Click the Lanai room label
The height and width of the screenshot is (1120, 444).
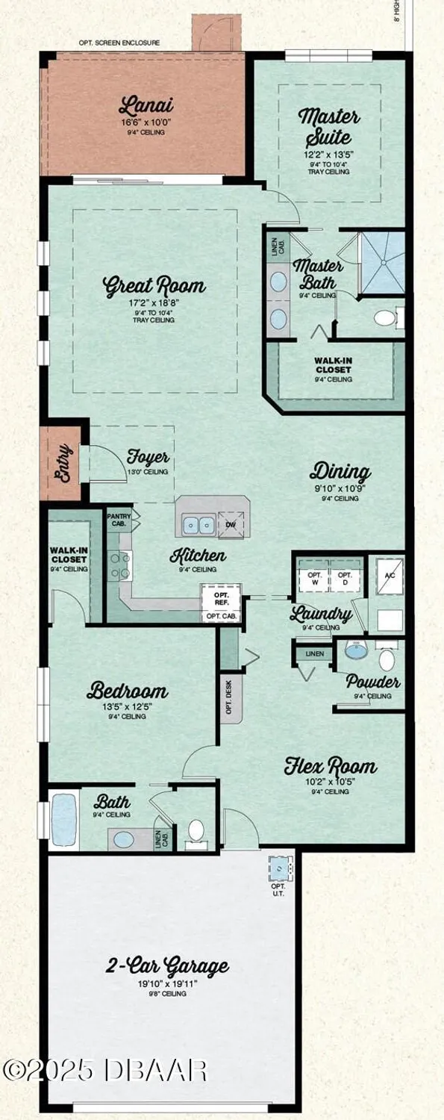tap(141, 105)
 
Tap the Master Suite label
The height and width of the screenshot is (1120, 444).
tap(329, 127)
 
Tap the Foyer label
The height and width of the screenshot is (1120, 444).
tap(148, 457)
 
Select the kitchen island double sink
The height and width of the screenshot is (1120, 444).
tap(198, 526)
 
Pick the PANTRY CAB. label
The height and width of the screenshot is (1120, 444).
tap(119, 520)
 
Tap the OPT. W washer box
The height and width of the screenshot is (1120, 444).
tap(314, 578)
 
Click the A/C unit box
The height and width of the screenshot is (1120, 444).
tap(388, 576)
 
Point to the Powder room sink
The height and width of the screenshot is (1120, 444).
tap(355, 650)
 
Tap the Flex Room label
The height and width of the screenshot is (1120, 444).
tap(330, 766)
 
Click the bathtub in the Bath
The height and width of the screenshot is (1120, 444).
tap(63, 819)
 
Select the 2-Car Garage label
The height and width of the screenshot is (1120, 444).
tap(166, 967)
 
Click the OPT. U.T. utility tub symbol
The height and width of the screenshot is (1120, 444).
tap(279, 870)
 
